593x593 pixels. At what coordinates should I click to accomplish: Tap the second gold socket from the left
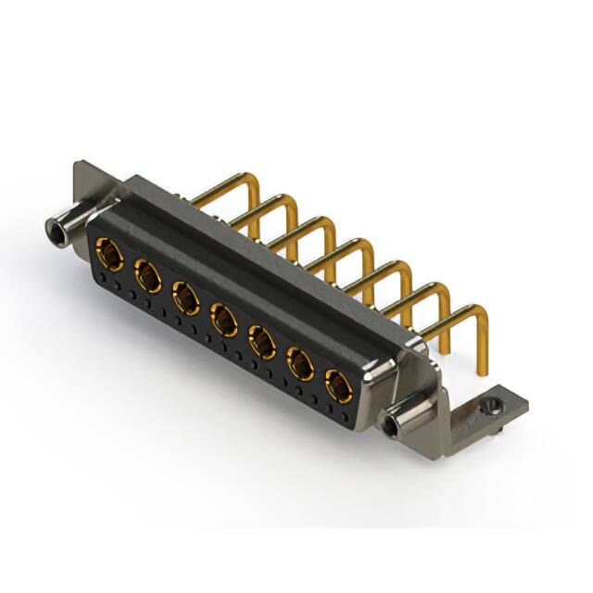pyautogui.click(x=147, y=275)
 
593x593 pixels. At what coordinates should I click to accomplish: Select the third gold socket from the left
pyautogui.click(x=186, y=297)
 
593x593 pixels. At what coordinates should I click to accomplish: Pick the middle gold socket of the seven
pyautogui.click(x=224, y=321)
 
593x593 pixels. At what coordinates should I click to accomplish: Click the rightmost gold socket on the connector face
pyautogui.click(x=338, y=385)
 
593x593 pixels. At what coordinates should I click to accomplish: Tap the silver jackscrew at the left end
pyautogui.click(x=61, y=228)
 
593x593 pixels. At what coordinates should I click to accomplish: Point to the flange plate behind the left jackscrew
pyautogui.click(x=88, y=182)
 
